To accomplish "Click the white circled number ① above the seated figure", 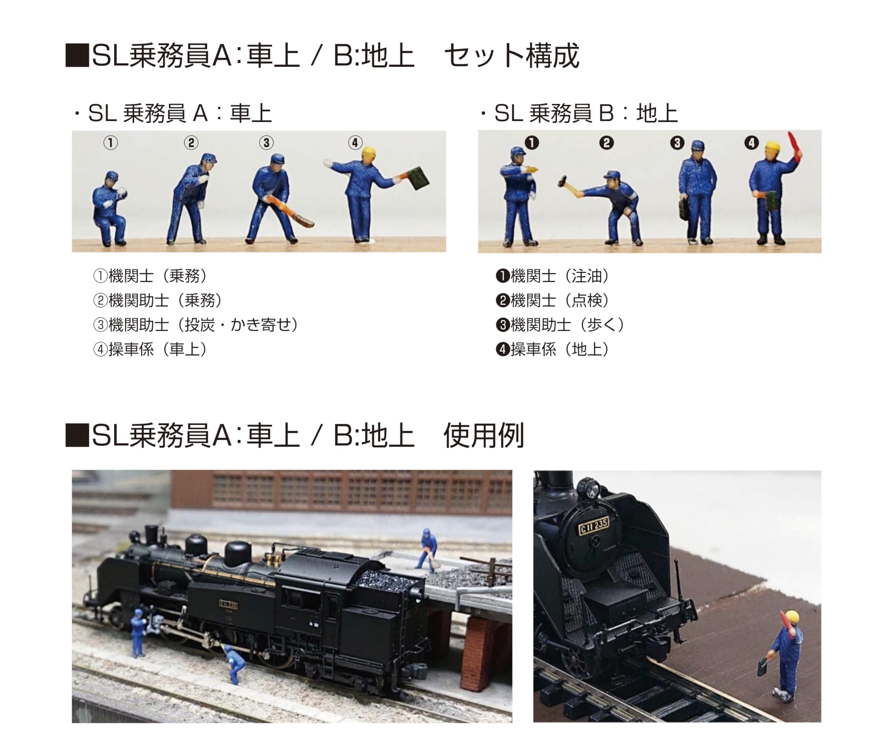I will (x=110, y=143).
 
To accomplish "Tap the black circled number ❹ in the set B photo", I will (x=751, y=143).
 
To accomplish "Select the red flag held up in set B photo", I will (x=794, y=146).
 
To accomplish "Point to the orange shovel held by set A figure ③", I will (x=292, y=212).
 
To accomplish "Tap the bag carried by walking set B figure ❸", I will (x=683, y=209).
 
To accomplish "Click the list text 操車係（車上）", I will (x=150, y=349).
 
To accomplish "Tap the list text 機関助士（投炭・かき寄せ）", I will (x=196, y=325).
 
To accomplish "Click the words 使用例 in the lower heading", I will (x=483, y=435).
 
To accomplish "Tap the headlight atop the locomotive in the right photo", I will (x=589, y=488).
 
